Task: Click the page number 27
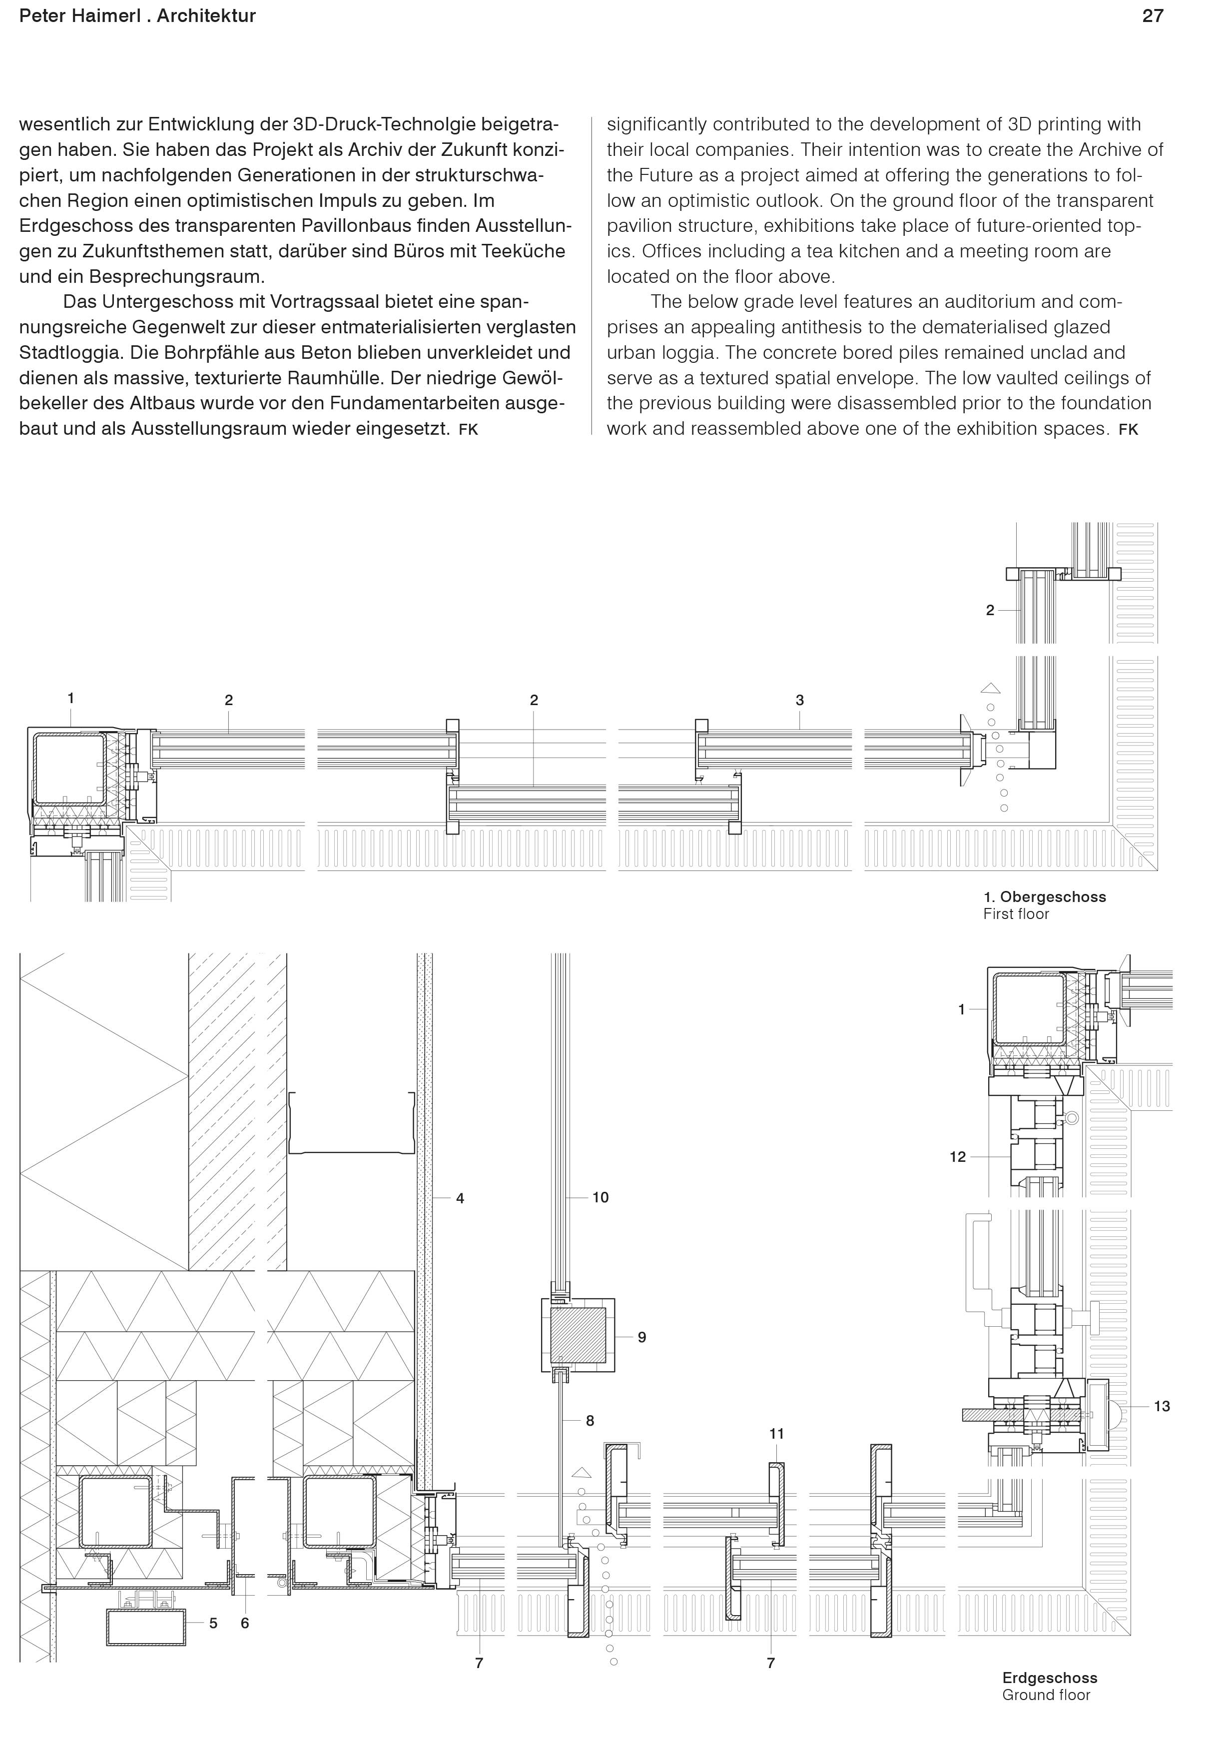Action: pyautogui.click(x=1152, y=16)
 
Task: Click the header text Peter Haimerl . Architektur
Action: pyautogui.click(x=137, y=16)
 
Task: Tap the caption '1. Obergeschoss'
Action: pyautogui.click(x=1044, y=897)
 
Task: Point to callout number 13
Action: pyautogui.click(x=1161, y=1406)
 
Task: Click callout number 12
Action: pyautogui.click(x=957, y=1157)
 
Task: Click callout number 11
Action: pyautogui.click(x=776, y=1434)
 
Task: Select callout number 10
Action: pyautogui.click(x=600, y=1197)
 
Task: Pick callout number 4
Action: pyautogui.click(x=460, y=1198)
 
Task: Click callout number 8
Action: pyautogui.click(x=590, y=1421)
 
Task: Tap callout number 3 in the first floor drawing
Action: pyautogui.click(x=799, y=700)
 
